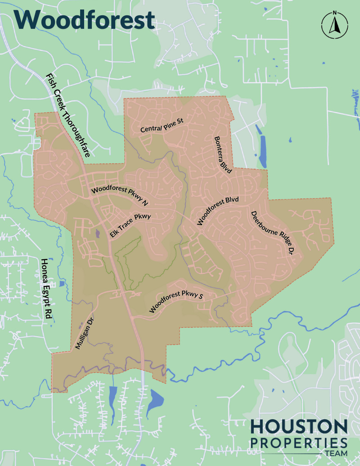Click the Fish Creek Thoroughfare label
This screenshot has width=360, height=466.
pyautogui.click(x=68, y=114)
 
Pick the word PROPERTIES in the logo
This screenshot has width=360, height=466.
pyautogui.click(x=299, y=442)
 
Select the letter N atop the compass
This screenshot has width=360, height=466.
pyautogui.click(x=334, y=13)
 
